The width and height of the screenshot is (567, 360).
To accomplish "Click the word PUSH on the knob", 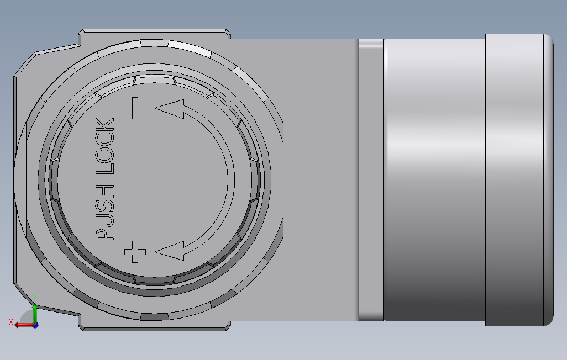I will (105, 214).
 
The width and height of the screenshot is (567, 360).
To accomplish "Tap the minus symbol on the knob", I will (135, 108).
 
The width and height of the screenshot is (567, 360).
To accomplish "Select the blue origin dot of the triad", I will (35, 325).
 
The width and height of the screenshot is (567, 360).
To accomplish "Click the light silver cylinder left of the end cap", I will (437, 179).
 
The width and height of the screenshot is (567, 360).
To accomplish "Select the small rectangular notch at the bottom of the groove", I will (371, 316).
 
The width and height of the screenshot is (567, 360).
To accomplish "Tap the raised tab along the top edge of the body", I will (155, 34).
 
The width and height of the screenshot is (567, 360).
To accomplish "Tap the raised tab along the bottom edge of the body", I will (155, 326).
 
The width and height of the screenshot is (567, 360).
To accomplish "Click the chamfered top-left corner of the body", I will (25, 63).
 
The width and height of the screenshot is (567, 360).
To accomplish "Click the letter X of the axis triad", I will (11, 322).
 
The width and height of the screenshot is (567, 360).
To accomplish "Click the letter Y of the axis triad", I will (35, 297).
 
